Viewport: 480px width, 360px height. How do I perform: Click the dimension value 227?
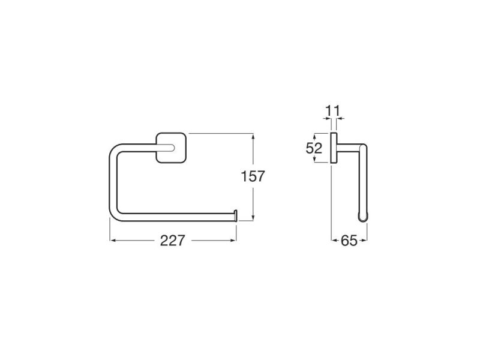pyautogui.click(x=173, y=241)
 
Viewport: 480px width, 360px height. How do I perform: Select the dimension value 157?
pyautogui.click(x=253, y=176)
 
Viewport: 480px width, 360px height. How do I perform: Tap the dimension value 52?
pyautogui.click(x=314, y=148)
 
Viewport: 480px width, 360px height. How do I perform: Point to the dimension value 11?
pyautogui.click(x=332, y=110)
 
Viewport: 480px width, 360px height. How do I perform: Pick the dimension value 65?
pyautogui.click(x=349, y=241)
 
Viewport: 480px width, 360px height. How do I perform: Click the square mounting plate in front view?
pyautogui.click(x=171, y=148)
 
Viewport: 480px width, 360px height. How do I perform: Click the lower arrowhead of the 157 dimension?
pyautogui.click(x=253, y=217)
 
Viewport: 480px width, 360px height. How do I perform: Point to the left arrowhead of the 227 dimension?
pyautogui.click(x=112, y=241)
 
